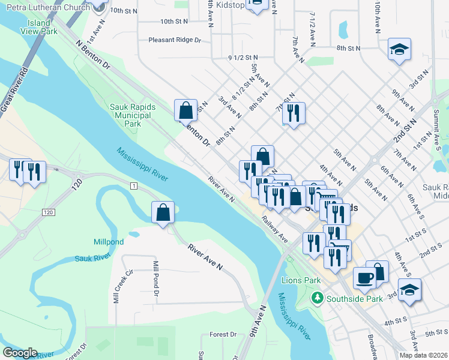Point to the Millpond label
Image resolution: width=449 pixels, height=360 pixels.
(109, 242)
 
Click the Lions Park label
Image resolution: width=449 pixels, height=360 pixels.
(301, 280)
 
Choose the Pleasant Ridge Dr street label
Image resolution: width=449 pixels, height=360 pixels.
(175, 40)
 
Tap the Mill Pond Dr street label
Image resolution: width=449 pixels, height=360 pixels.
(156, 278)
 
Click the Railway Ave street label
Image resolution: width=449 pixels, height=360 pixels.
(274, 229)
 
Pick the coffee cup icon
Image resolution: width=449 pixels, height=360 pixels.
(364, 278)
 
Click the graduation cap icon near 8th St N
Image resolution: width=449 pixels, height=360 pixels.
(399, 50)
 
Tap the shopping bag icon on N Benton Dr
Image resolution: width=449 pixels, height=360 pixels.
(185, 110)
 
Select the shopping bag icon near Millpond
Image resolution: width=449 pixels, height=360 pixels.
(163, 212)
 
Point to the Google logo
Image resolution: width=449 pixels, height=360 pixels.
(20, 353)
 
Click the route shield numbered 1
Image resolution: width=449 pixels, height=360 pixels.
(131, 187)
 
